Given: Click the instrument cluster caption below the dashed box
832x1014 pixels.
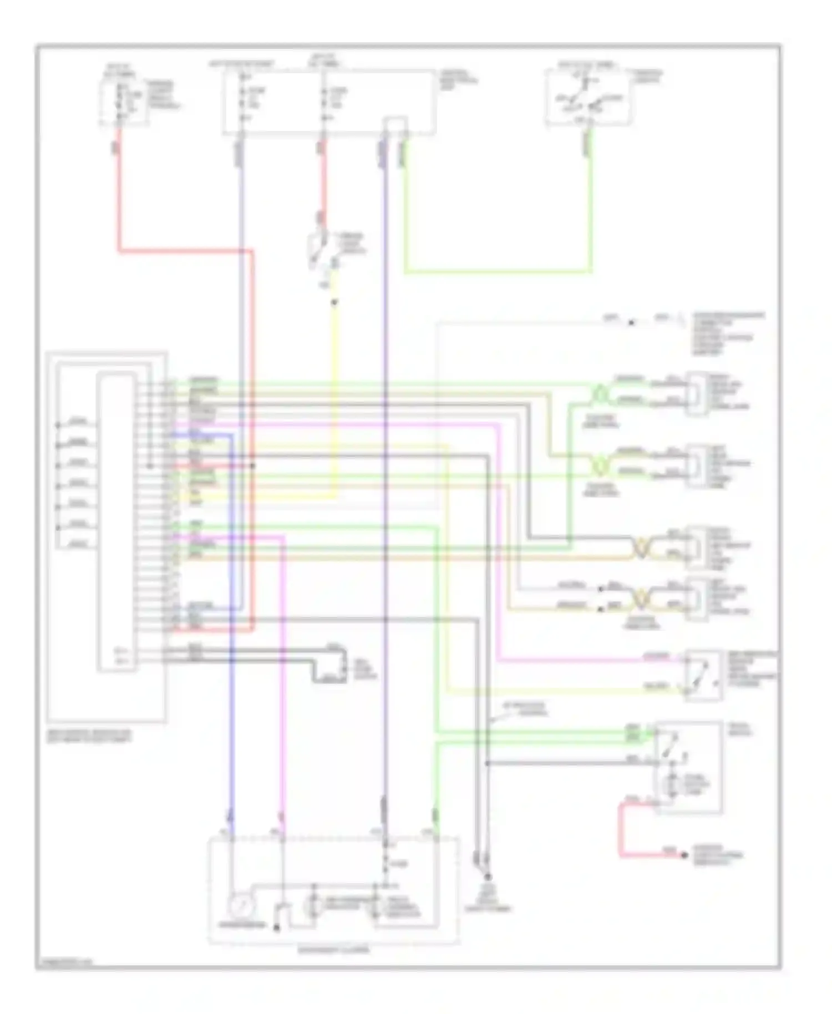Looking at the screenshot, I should pos(333,950).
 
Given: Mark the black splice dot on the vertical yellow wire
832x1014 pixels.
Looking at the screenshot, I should pos(334,303).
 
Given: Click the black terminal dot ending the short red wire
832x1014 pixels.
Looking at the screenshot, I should pos(684,855).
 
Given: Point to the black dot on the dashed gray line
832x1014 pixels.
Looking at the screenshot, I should pos(631,322).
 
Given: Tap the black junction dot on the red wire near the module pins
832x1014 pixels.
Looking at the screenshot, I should pos(252,465).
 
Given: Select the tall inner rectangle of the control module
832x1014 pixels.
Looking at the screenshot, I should pos(116,521).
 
